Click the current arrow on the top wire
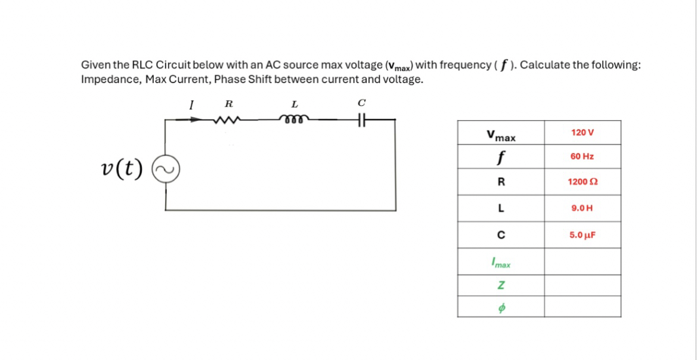pyautogui.click(x=194, y=119)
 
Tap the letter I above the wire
pyautogui.click(x=191, y=104)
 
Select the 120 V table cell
pyautogui.click(x=582, y=132)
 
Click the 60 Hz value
pyautogui.click(x=582, y=156)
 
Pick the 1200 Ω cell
pyautogui.click(x=582, y=182)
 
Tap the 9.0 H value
pyautogui.click(x=582, y=209)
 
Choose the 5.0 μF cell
pyautogui.click(x=582, y=235)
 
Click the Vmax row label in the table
pyautogui.click(x=501, y=135)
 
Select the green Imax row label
pyautogui.click(x=501, y=262)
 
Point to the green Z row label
pyautogui.click(x=501, y=286)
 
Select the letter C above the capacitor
pyautogui.click(x=361, y=103)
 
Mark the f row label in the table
pyautogui.click(x=501, y=158)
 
